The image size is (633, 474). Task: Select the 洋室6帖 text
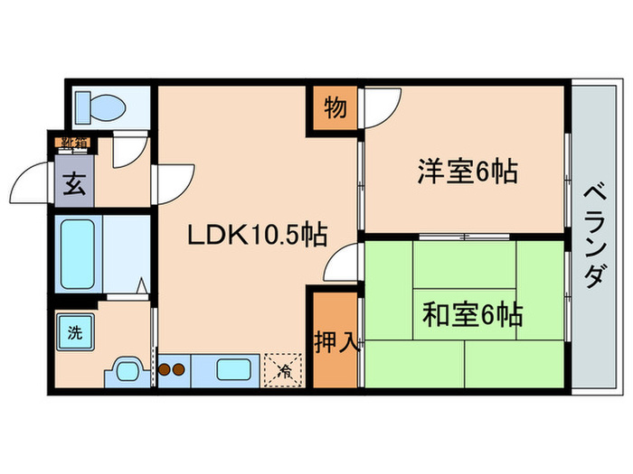467,171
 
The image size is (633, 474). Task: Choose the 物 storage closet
334,108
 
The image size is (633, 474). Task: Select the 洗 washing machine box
74,331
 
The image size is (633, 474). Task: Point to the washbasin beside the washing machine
126,370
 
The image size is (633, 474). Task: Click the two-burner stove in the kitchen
171,369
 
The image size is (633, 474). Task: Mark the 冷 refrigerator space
284,369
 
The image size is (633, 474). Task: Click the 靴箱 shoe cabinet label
74,143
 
